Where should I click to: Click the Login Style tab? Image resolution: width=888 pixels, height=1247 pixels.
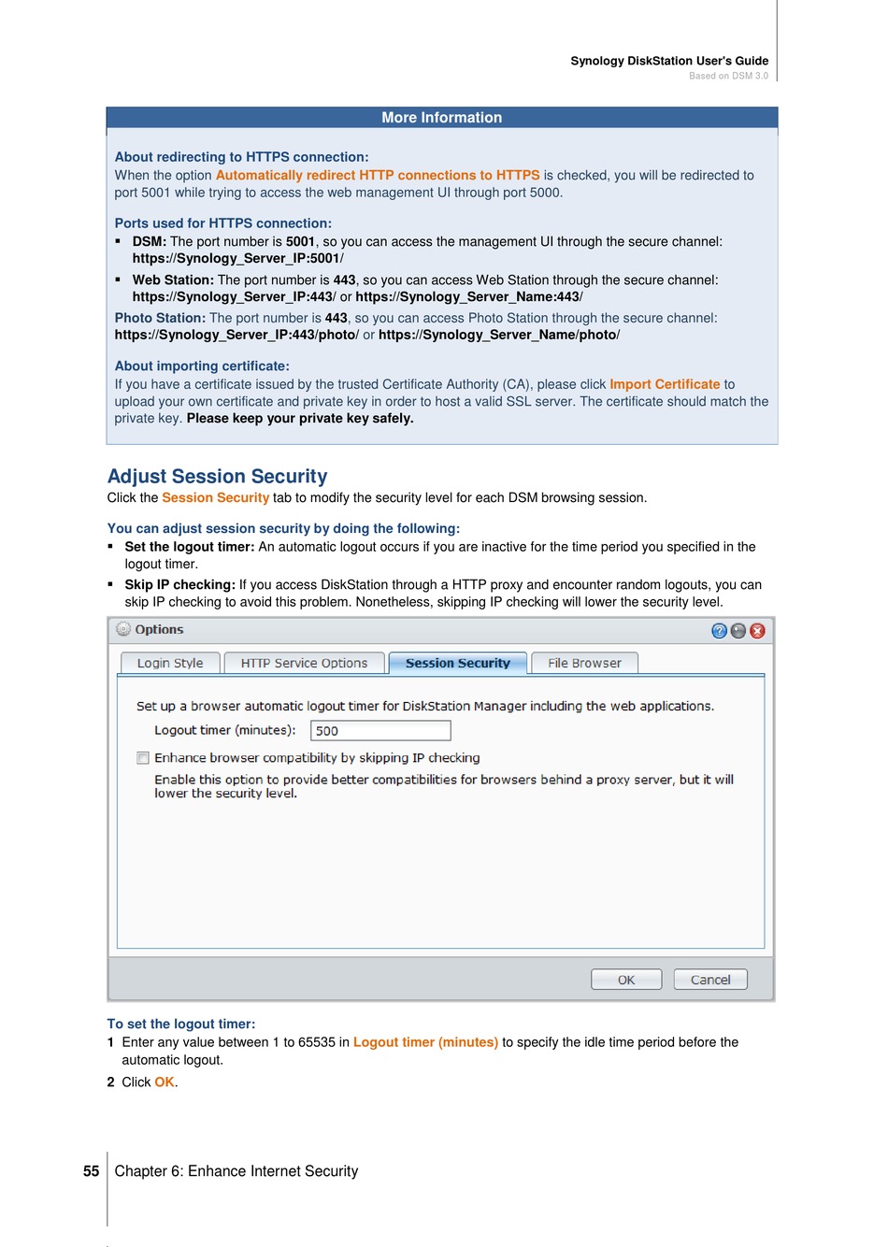(x=170, y=663)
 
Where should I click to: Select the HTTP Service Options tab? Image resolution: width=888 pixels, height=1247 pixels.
(x=304, y=663)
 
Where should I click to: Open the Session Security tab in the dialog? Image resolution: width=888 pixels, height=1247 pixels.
(x=457, y=663)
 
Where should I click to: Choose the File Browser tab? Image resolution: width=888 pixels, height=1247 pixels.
(x=584, y=663)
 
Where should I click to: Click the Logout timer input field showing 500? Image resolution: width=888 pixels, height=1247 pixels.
(x=380, y=731)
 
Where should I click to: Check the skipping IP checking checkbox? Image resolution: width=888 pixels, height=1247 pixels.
(x=143, y=758)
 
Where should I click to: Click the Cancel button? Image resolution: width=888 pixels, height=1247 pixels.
(x=710, y=980)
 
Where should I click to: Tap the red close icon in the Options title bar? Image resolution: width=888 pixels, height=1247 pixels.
(x=757, y=631)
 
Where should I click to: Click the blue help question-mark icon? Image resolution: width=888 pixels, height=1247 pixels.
(x=719, y=631)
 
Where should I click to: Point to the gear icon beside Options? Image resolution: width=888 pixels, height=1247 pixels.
(x=123, y=629)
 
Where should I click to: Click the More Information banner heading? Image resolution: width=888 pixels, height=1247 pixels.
(x=441, y=118)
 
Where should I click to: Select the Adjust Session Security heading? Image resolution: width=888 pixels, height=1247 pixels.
(x=217, y=477)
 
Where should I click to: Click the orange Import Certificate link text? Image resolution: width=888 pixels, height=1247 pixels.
(x=665, y=384)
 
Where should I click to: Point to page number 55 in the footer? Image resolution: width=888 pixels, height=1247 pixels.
(x=91, y=1171)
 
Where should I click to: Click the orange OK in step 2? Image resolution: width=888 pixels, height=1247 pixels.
(x=165, y=1082)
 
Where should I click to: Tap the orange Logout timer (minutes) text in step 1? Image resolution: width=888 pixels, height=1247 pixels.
(x=425, y=1042)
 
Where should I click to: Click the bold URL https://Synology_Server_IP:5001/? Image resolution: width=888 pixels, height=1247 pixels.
(x=237, y=259)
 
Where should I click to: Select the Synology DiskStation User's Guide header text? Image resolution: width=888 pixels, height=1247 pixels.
(x=669, y=61)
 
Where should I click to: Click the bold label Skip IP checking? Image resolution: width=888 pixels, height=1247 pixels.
(x=179, y=585)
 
